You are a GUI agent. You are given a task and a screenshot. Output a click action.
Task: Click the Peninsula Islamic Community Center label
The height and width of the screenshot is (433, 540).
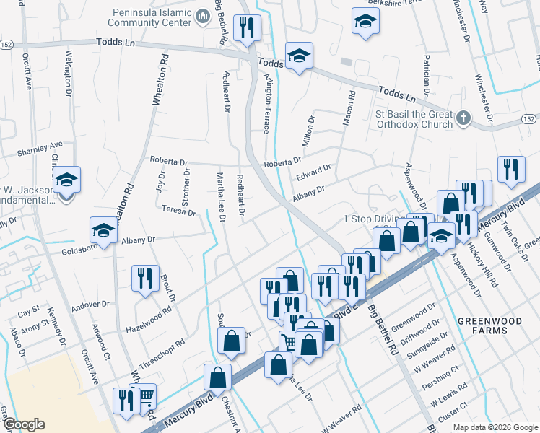pos(152,17)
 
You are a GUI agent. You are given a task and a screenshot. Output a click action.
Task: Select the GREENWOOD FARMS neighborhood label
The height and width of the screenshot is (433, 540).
pos(489,326)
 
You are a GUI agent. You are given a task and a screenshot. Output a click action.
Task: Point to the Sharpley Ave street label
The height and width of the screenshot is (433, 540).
pos(40,149)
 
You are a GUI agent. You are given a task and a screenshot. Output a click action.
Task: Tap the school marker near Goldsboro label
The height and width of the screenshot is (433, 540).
pos(103,229)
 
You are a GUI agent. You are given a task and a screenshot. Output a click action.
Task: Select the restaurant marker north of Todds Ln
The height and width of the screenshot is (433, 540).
pos(248,28)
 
